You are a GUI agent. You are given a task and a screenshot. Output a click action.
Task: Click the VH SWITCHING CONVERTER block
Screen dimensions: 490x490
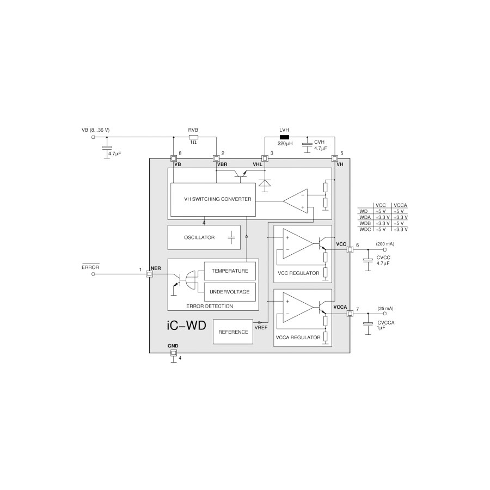point(213,199)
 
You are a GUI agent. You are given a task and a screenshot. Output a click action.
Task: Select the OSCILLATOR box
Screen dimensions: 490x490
point(204,237)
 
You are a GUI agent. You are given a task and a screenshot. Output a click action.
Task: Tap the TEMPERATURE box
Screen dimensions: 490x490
point(230,271)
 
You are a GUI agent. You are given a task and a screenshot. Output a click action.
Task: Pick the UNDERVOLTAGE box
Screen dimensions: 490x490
point(230,292)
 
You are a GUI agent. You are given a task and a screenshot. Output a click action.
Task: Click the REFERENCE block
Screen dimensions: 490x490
point(233,332)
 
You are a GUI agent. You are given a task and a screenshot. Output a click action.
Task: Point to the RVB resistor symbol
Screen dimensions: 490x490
point(193,137)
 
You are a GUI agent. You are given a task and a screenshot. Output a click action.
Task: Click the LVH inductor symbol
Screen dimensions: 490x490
point(284,137)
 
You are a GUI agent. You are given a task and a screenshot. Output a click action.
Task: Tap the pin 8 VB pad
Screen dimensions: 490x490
point(173,158)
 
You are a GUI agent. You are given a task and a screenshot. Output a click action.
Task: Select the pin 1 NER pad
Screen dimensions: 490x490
point(149,274)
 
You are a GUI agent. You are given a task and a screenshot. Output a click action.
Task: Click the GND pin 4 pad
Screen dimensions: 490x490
point(173,353)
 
